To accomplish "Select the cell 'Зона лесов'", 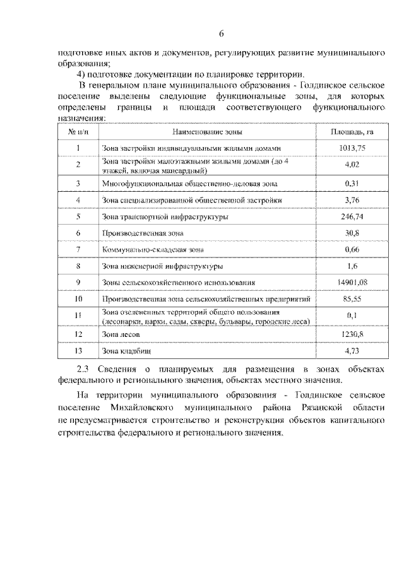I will coord(120,333).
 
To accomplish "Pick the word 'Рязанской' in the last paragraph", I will coord(307,408).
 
